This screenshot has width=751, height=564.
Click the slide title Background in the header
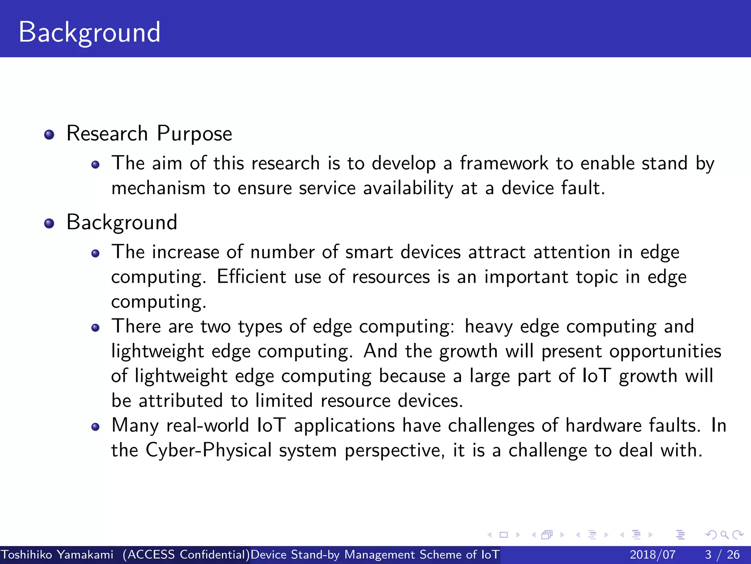point(89,32)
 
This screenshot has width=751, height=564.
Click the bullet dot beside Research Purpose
point(49,135)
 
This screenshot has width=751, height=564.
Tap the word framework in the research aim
point(504,163)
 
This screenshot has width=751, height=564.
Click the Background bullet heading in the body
point(122,223)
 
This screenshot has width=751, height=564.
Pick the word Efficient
point(251,276)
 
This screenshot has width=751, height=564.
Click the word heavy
point(488,327)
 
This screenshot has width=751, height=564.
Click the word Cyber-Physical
point(208,450)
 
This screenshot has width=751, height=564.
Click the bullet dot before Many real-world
point(96,427)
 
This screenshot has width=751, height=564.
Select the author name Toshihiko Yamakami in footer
point(57,554)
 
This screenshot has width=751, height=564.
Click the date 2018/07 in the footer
point(652,554)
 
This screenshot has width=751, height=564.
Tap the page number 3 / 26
point(722,554)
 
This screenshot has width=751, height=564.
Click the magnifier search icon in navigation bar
point(724,535)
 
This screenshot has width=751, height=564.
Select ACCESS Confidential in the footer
point(186,554)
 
